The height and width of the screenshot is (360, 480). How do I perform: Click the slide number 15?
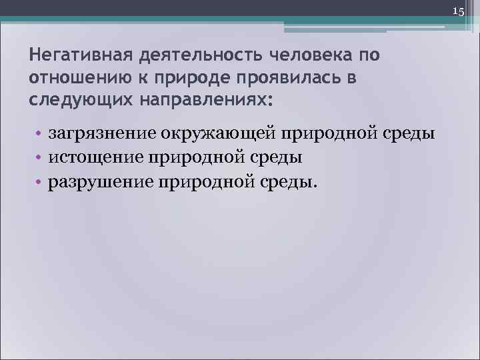click(x=458, y=11)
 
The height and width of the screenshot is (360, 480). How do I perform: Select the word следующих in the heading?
click(x=69, y=101)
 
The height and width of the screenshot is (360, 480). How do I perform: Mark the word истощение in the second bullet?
click(x=92, y=157)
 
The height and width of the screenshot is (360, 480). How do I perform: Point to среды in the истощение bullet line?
click(x=277, y=157)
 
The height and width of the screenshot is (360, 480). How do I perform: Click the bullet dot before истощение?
click(x=39, y=157)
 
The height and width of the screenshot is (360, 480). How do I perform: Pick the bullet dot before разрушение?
click(x=39, y=181)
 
